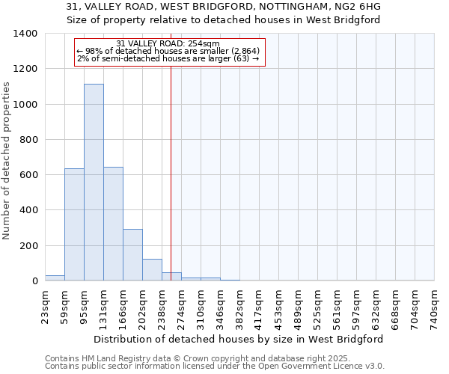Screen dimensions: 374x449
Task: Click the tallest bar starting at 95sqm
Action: point(94,183)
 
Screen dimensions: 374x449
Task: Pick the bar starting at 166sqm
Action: point(132,254)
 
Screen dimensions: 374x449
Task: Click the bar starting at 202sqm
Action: point(152,269)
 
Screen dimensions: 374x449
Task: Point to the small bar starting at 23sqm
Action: point(55,278)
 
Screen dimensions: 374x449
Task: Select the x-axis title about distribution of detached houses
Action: point(239,339)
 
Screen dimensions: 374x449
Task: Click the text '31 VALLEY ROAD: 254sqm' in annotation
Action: point(168,43)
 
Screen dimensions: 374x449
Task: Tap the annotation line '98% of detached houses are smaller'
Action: point(168,51)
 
